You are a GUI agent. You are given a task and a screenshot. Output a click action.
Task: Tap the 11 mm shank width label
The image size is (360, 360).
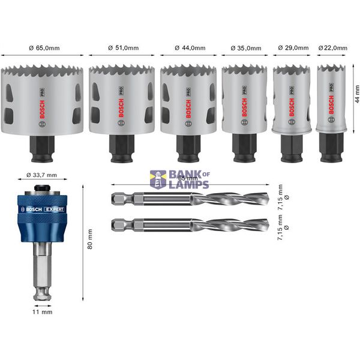pyautogui.click(x=44, y=312)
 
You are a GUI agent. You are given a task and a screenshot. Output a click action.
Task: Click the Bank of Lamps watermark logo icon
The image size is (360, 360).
pyautogui.click(x=158, y=179)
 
